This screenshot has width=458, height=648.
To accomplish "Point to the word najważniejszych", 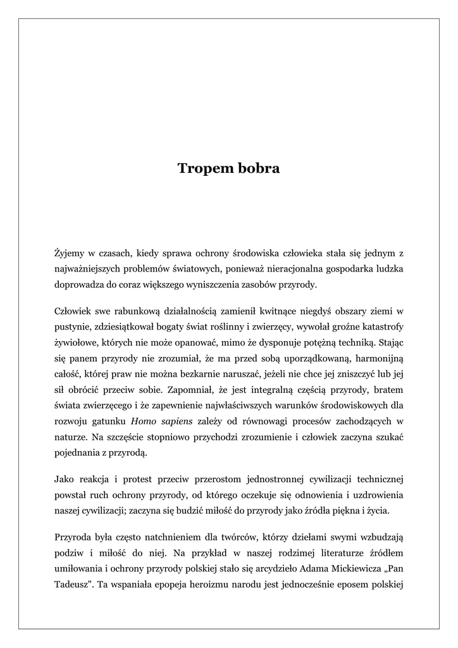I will click(89, 269).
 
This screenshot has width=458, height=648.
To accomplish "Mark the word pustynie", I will click(71, 327).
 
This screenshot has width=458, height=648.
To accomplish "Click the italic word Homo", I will click(143, 421).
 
